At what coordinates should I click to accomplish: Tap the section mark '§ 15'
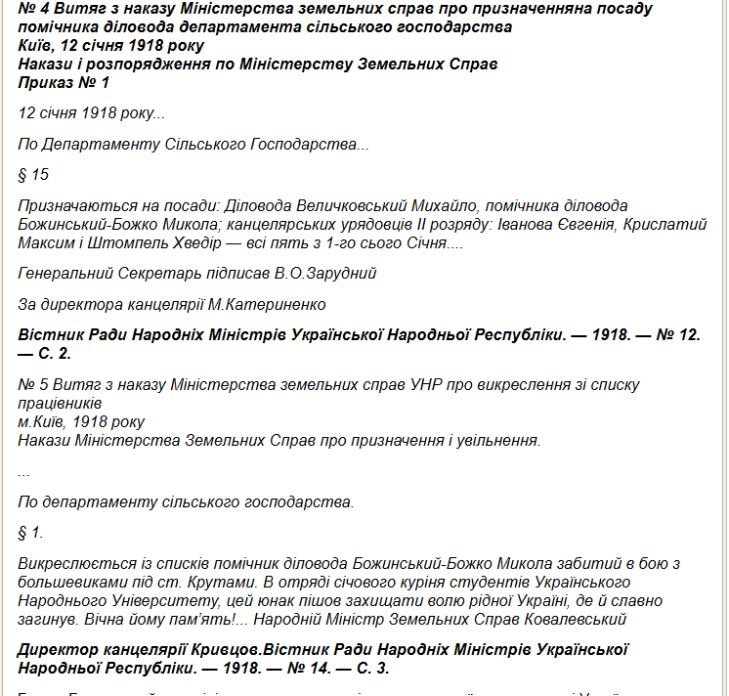[x=33, y=176]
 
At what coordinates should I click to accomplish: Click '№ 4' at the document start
[x=32, y=8]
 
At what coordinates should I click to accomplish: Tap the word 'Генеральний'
[x=63, y=273]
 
